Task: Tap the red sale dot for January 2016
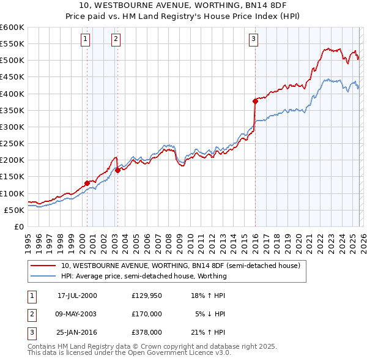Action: (x=255, y=101)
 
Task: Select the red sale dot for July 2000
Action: (x=87, y=183)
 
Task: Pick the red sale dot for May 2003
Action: (x=117, y=170)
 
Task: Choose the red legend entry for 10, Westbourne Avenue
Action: (x=180, y=266)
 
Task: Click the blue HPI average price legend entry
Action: (x=143, y=276)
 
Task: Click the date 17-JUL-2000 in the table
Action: (x=76, y=295)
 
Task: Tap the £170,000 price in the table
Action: (x=146, y=313)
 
